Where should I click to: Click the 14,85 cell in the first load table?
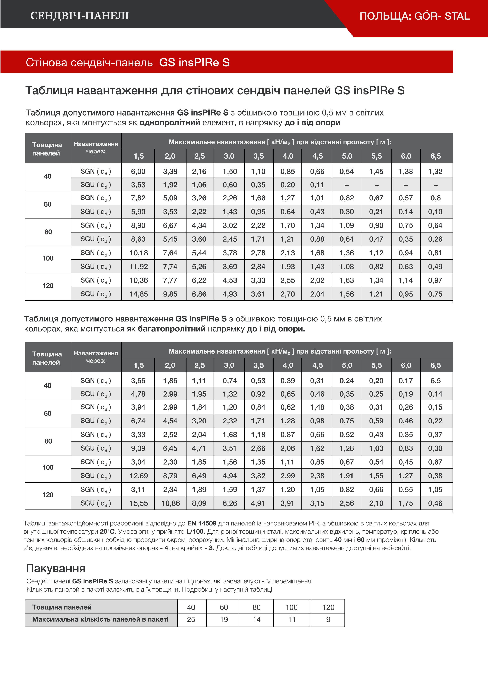coord(138,294)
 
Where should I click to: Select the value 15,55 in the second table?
coord(138,503)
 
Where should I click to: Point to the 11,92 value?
coord(138,267)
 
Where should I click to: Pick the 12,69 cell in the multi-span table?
coord(138,476)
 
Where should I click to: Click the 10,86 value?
coord(171,503)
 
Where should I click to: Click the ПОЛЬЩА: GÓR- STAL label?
coord(414,16)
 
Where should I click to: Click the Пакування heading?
coord(56,569)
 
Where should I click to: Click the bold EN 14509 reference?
coord(201,523)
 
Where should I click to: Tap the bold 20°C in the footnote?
coord(107,532)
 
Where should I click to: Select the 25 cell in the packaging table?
coord(191,619)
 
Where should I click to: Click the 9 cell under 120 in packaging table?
coord(328,619)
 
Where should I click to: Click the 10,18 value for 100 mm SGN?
coord(138,253)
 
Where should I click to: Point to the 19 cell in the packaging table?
coord(224,619)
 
